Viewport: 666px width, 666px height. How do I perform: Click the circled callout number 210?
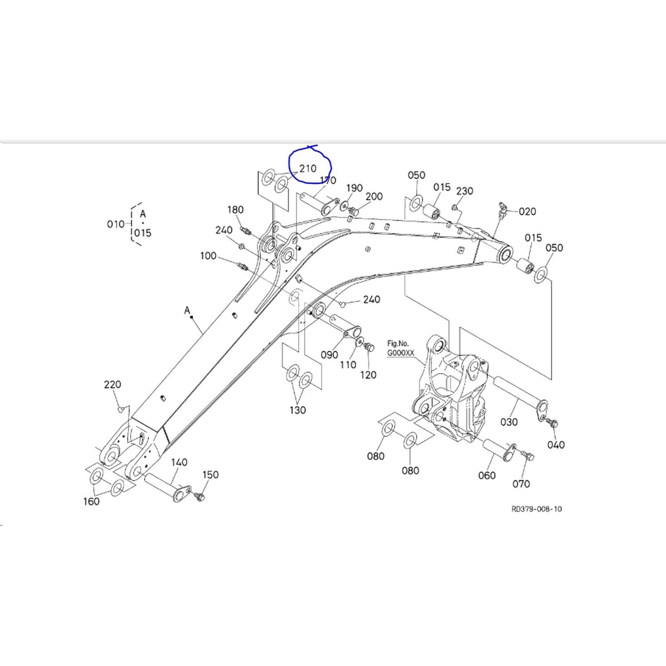click(x=308, y=169)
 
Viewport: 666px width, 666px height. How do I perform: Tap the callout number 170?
click(x=328, y=180)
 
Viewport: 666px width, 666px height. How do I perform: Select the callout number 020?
click(x=527, y=211)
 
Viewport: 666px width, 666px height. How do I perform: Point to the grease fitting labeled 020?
click(x=501, y=210)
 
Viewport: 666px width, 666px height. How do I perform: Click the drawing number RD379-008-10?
click(x=536, y=509)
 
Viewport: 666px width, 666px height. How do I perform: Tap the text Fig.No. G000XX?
click(x=400, y=348)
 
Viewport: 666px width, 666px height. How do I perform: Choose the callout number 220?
click(x=112, y=385)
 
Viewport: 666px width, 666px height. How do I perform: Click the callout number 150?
click(x=210, y=475)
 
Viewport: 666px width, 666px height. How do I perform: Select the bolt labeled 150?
click(x=199, y=496)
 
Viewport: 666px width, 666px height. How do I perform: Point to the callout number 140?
click(x=179, y=462)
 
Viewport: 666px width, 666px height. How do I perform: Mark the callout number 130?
click(x=297, y=410)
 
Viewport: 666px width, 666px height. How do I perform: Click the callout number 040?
click(x=556, y=444)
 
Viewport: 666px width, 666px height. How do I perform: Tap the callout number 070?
click(x=521, y=484)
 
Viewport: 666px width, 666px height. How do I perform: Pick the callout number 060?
click(x=487, y=476)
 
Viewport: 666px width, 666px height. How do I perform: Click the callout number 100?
click(x=208, y=256)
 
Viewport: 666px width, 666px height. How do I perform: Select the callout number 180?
click(x=235, y=210)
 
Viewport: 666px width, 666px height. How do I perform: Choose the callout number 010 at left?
click(x=115, y=224)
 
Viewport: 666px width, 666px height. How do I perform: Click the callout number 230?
click(x=464, y=191)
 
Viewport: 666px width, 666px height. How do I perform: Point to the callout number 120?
click(x=368, y=375)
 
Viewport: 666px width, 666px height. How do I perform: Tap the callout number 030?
click(x=509, y=422)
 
